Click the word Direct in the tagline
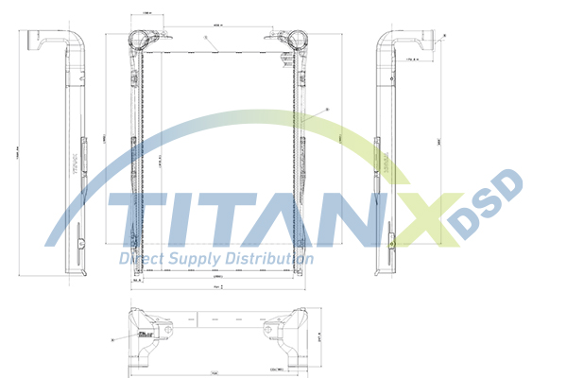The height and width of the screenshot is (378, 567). [140, 258]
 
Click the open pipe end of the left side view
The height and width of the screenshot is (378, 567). [32, 43]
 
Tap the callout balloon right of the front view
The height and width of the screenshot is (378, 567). [327, 111]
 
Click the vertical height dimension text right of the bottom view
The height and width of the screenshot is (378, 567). [320, 335]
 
